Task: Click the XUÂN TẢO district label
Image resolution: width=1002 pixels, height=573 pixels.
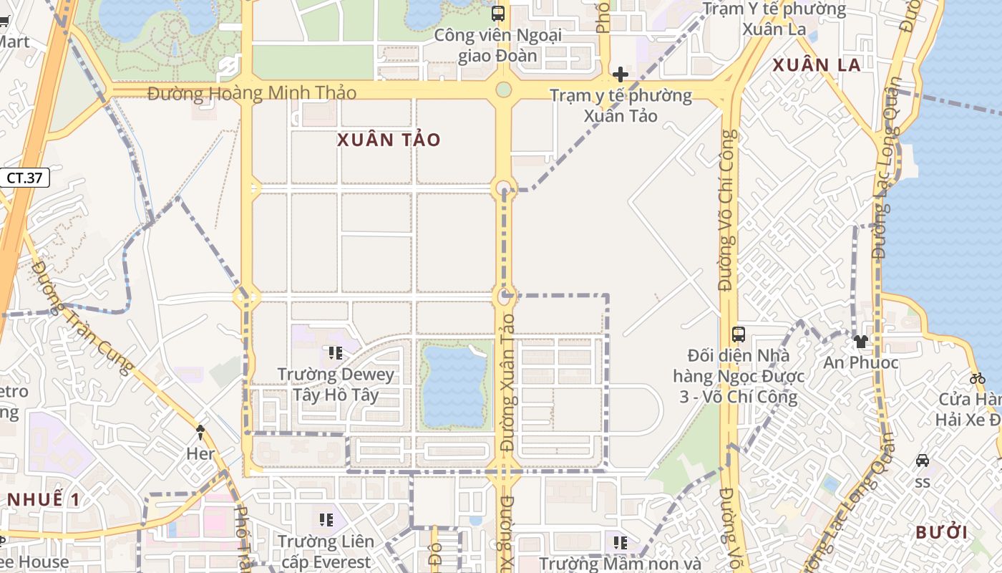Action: point(389,140)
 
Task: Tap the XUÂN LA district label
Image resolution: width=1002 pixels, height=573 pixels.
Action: point(817,65)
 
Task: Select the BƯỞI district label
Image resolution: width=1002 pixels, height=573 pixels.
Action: point(942,532)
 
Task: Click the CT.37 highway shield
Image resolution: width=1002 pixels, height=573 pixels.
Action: point(25,178)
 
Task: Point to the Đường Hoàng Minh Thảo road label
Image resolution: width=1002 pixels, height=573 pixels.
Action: point(252,93)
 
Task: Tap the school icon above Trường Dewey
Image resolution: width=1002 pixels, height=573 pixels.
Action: point(335,352)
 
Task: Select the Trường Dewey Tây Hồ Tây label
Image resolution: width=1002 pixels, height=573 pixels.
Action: point(336,385)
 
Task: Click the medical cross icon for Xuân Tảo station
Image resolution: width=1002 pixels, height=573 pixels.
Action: point(621,74)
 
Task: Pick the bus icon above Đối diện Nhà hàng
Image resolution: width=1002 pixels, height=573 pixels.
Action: point(739,334)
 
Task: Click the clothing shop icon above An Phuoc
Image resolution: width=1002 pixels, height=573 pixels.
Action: point(860,342)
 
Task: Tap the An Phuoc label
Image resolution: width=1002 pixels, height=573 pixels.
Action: point(860,362)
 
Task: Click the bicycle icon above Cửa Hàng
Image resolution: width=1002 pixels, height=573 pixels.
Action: point(978,377)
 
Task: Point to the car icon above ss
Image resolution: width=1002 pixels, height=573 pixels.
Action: point(923,461)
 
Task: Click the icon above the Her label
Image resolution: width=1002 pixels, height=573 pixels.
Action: point(200,432)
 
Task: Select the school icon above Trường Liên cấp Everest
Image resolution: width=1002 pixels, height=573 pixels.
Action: point(326,520)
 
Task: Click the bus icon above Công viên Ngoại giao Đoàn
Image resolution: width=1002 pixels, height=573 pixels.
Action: point(498,13)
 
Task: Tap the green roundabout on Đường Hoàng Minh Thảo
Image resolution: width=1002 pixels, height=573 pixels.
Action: point(504,90)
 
